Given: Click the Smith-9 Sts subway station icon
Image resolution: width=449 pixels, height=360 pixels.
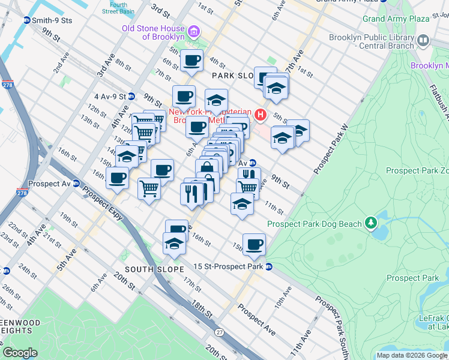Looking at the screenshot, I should pyautogui.click(x=26, y=20).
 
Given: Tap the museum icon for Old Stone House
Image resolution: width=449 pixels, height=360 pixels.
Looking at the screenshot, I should pyautogui.click(x=194, y=32).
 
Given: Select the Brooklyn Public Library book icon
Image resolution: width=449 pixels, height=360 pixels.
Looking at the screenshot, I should pyautogui.click(x=424, y=41).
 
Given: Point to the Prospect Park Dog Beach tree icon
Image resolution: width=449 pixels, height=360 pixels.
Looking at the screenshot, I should pyautogui.click(x=371, y=224).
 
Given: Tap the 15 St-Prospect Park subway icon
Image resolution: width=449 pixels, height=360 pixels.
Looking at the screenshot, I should pyautogui.click(x=269, y=266).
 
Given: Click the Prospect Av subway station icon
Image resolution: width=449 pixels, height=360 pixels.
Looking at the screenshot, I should pyautogui.click(x=76, y=183).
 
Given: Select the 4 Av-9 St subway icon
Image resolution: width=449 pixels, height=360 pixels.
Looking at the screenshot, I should pyautogui.click(x=131, y=96).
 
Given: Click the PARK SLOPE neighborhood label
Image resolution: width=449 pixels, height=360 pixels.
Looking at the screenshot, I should pyautogui.click(x=234, y=76).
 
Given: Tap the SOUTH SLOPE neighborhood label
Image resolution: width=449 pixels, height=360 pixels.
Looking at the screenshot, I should pyautogui.click(x=154, y=269).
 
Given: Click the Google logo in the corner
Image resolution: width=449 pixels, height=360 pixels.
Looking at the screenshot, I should pyautogui.click(x=20, y=353).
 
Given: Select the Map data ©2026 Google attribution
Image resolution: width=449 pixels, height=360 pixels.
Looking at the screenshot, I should pyautogui.click(x=412, y=355).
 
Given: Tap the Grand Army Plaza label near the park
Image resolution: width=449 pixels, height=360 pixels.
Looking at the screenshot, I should pyautogui.click(x=396, y=19).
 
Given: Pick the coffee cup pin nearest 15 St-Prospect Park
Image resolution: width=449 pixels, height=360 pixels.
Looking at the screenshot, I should pyautogui.click(x=254, y=244).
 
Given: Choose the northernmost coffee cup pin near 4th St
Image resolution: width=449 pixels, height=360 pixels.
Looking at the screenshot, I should pyautogui.click(x=191, y=61).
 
